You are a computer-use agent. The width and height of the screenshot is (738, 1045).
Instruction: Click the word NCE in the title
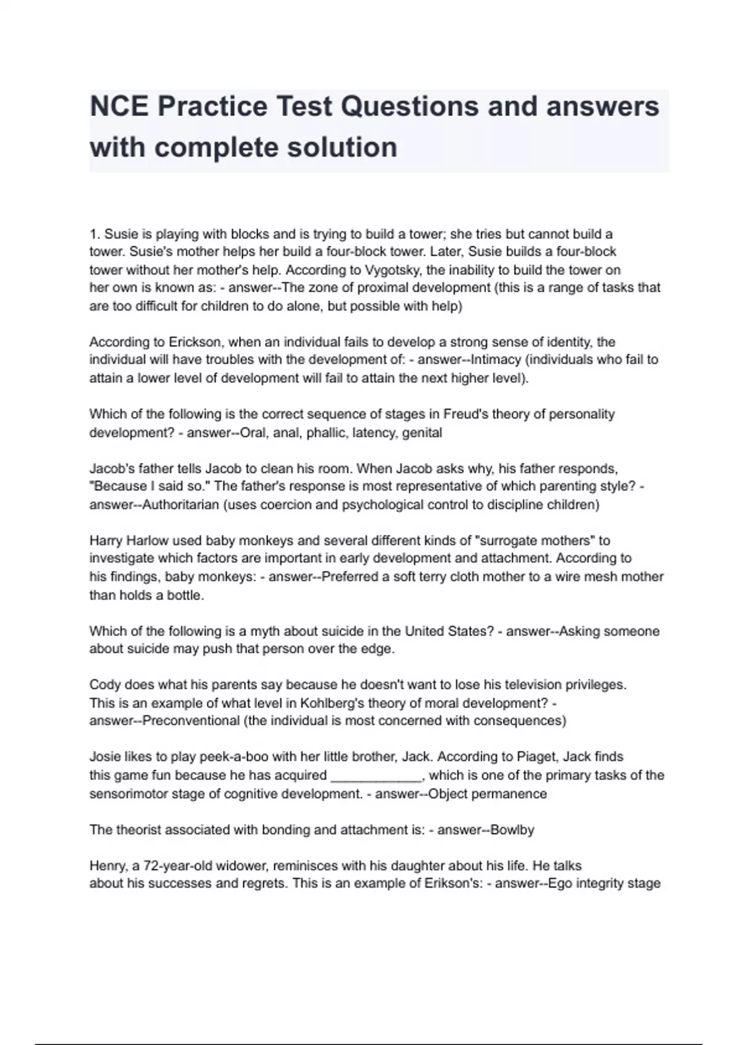(119, 106)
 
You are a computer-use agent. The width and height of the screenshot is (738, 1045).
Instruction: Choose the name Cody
(104, 685)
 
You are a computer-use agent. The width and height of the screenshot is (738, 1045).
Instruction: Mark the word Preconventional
(191, 720)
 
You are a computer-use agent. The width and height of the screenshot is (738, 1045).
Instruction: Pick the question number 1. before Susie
(95, 234)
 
